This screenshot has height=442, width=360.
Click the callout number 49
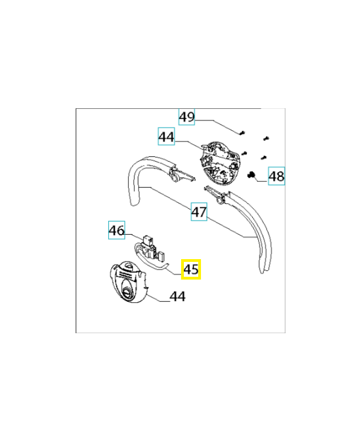coord(187,117)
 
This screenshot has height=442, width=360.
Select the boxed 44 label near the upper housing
coord(166,136)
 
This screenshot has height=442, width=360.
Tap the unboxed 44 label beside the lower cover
coord(177,297)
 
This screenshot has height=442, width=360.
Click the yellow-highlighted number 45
coord(191,270)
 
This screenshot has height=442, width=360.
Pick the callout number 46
coord(117,230)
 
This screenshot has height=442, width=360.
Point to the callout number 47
coord(199,212)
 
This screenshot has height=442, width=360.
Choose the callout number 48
coord(276,177)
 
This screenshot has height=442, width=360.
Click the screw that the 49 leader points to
coord(242,133)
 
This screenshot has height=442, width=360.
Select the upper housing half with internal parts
coord(220,162)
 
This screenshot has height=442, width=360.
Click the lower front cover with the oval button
coord(128,282)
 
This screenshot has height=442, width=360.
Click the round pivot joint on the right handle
coord(221,199)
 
